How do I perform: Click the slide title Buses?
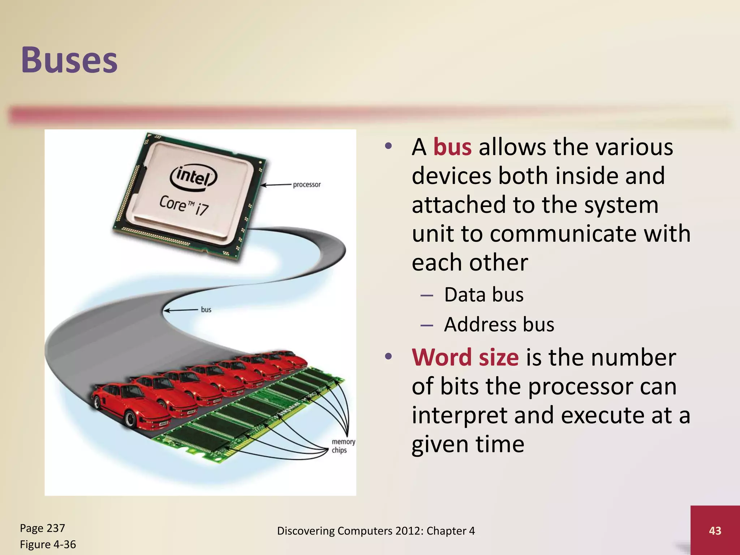pos(69,60)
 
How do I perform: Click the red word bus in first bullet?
pos(452,147)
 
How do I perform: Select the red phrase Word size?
pos(465,357)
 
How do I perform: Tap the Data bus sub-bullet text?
pos(483,294)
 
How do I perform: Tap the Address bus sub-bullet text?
pos(499,324)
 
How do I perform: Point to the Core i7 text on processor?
pos(184,205)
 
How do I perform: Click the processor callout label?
pos(306,185)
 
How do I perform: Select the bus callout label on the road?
pos(206,310)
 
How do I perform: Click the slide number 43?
pos(715,530)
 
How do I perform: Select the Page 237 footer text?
pos(42,528)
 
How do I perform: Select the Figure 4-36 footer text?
pos(48,545)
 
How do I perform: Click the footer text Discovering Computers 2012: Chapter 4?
pos(376,531)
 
